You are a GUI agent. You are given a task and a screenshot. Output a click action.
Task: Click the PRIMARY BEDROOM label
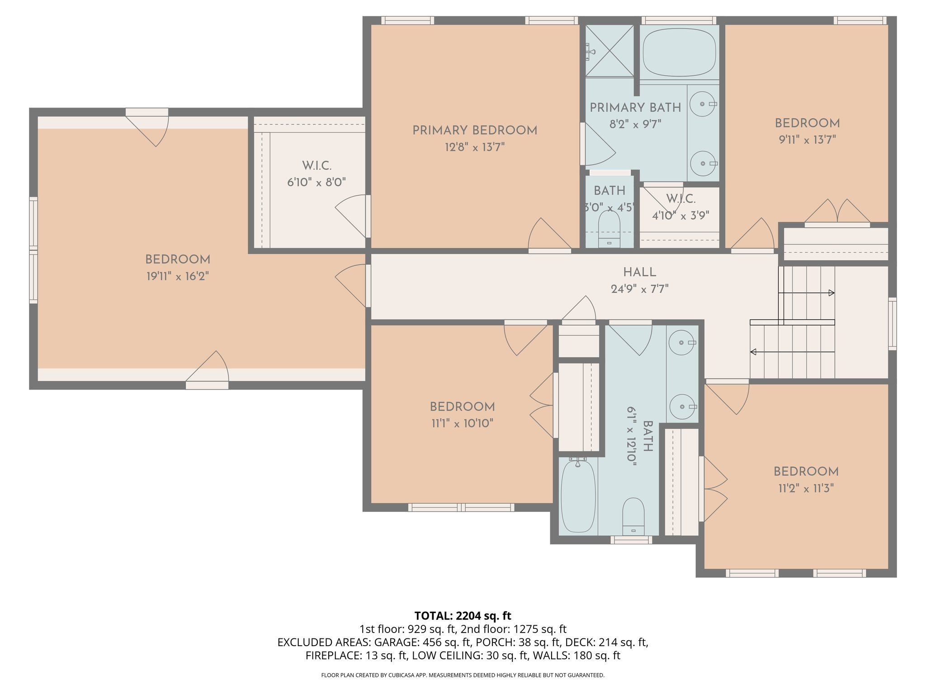[475, 130]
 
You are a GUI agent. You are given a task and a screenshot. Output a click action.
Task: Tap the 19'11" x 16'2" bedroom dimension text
[178, 276]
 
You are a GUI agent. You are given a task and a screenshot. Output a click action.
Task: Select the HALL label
[639, 272]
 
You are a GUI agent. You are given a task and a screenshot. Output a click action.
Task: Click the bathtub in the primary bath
[679, 53]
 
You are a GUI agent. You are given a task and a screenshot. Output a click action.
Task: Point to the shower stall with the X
[609, 51]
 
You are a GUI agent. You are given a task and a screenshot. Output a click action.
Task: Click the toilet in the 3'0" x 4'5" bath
[609, 228]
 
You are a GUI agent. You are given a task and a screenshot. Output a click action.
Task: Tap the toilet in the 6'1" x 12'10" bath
[633, 516]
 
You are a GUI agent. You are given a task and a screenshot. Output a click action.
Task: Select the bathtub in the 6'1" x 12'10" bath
[578, 496]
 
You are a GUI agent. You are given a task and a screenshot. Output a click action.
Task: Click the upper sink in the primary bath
[702, 104]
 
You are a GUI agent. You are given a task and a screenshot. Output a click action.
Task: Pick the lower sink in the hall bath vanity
[682, 407]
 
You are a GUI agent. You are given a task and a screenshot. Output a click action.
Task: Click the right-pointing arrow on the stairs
[831, 293]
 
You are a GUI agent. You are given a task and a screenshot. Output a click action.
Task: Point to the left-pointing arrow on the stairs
[753, 352]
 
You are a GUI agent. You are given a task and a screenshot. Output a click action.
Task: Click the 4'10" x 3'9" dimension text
[680, 216]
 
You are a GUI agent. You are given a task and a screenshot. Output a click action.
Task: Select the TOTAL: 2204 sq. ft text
[463, 615]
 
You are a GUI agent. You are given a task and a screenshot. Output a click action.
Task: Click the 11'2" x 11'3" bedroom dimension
[806, 488]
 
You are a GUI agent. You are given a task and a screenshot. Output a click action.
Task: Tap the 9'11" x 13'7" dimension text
[807, 140]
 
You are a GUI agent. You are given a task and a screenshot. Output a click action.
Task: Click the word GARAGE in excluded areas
[396, 642]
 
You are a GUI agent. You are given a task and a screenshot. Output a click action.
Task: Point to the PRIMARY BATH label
[635, 108]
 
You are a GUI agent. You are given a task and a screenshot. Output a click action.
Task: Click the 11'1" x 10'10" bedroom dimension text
[462, 423]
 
